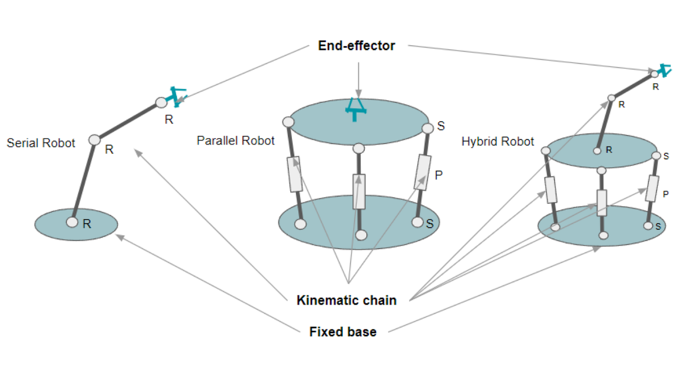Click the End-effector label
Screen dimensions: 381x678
[356, 46]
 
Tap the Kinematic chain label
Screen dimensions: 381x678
[346, 300]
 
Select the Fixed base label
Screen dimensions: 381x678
[342, 332]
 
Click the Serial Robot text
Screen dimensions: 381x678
[41, 143]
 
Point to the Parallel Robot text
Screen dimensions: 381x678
[235, 141]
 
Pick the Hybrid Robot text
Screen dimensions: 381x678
[497, 141]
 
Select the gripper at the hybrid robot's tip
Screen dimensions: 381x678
[664, 70]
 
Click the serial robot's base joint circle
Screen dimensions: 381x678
[72, 222]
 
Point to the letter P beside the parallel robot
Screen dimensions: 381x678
[438, 176]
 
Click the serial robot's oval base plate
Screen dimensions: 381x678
[94, 230]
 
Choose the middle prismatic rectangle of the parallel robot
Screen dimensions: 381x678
[359, 191]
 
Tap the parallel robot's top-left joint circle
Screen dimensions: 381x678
[288, 122]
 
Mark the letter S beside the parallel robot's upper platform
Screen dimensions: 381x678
[441, 127]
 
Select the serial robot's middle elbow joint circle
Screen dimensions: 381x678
[95, 140]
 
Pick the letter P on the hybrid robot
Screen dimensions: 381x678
[666, 195]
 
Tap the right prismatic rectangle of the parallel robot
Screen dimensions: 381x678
[422, 172]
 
